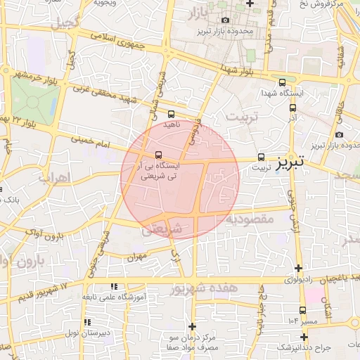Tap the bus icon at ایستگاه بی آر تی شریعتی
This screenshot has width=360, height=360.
pyautogui.click(x=158, y=155)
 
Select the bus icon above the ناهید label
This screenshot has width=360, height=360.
pyautogui.click(x=172, y=113)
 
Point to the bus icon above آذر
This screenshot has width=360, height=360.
pyautogui.click(x=293, y=108)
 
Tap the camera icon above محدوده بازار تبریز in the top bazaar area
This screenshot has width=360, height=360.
pyautogui.click(x=225, y=20)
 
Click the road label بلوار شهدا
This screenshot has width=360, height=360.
pyautogui.click(x=238, y=70)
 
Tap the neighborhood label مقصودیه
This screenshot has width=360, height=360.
pyautogui.click(x=250, y=220)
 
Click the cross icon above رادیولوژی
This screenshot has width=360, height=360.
pyautogui.click(x=299, y=268)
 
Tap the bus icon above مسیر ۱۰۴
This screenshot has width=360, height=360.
pyautogui.click(x=302, y=310)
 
